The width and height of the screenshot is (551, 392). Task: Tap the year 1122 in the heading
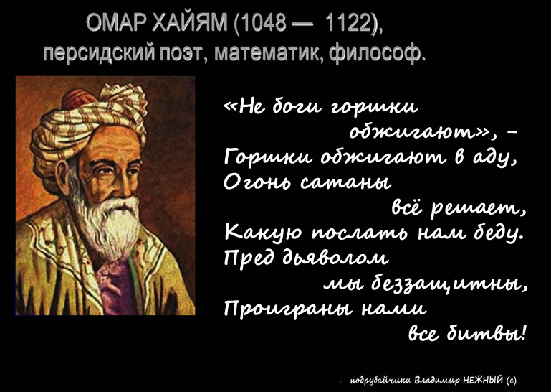coord(350,24)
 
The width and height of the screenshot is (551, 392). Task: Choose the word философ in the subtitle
coord(378,54)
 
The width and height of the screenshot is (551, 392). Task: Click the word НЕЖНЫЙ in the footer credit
coord(484,380)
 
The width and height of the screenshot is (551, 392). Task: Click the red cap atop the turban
coord(78,98)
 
